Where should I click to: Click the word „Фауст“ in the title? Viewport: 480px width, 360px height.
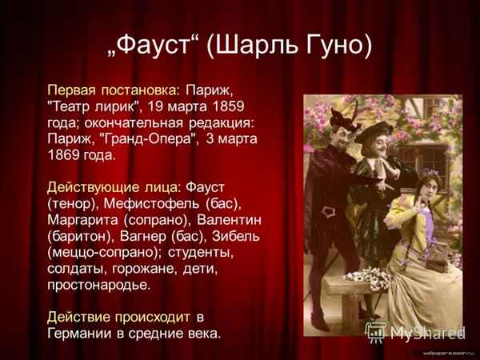point(151,46)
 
